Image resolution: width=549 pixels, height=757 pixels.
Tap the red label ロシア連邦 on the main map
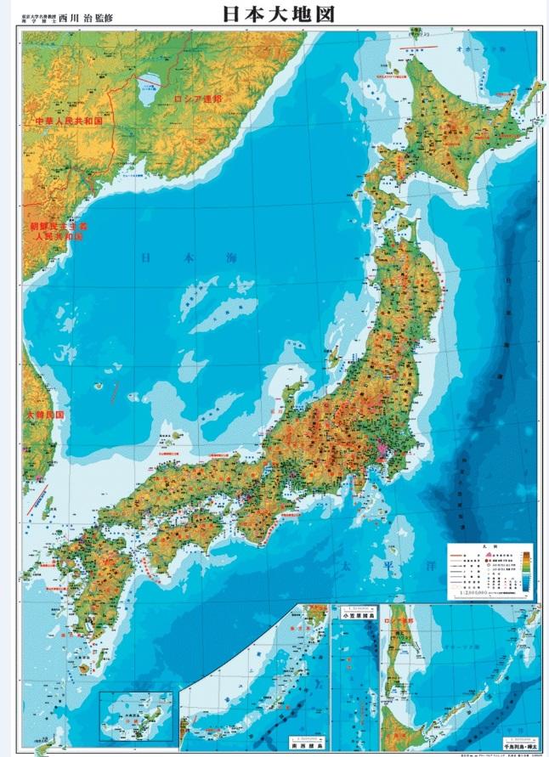point(196,99)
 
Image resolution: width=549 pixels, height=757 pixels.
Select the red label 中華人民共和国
point(68,122)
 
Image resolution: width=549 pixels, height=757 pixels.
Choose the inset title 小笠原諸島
point(356,619)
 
